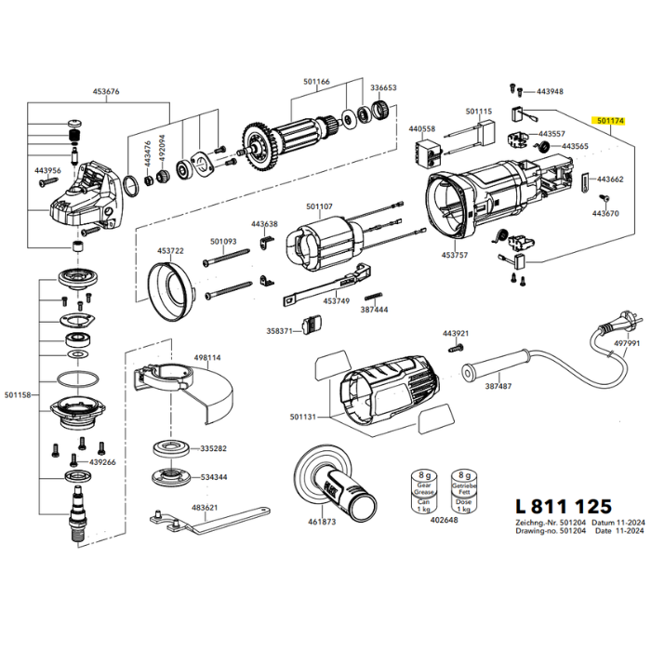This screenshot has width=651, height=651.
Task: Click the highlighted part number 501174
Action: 611,121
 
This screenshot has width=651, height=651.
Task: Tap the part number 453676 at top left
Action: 107,91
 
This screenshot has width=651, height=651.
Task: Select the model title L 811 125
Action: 563,507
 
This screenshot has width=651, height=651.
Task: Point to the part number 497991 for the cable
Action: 627,343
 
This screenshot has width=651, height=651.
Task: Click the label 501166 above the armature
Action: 316,82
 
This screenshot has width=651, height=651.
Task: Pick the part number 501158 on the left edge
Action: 17,395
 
